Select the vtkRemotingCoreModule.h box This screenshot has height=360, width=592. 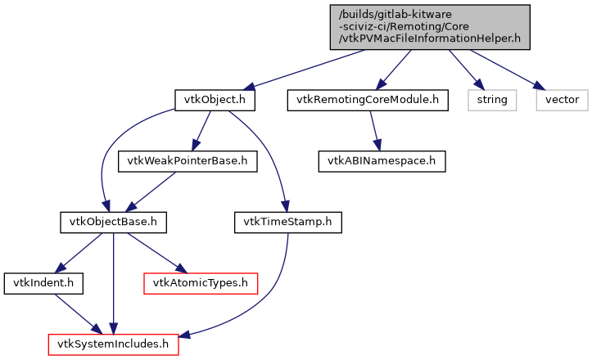pyautogui.click(x=368, y=100)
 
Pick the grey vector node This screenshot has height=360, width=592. pyautogui.click(x=563, y=100)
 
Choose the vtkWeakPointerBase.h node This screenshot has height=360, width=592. pyautogui.click(x=188, y=160)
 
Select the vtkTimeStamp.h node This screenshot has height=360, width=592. pyautogui.click(x=287, y=221)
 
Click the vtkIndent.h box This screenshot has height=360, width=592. pyautogui.click(x=35, y=283)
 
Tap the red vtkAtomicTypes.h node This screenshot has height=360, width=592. pyautogui.click(x=201, y=283)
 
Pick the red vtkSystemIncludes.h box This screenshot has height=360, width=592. pyautogui.click(x=113, y=344)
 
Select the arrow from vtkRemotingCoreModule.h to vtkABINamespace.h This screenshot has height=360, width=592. pyautogui.click(x=375, y=130)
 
